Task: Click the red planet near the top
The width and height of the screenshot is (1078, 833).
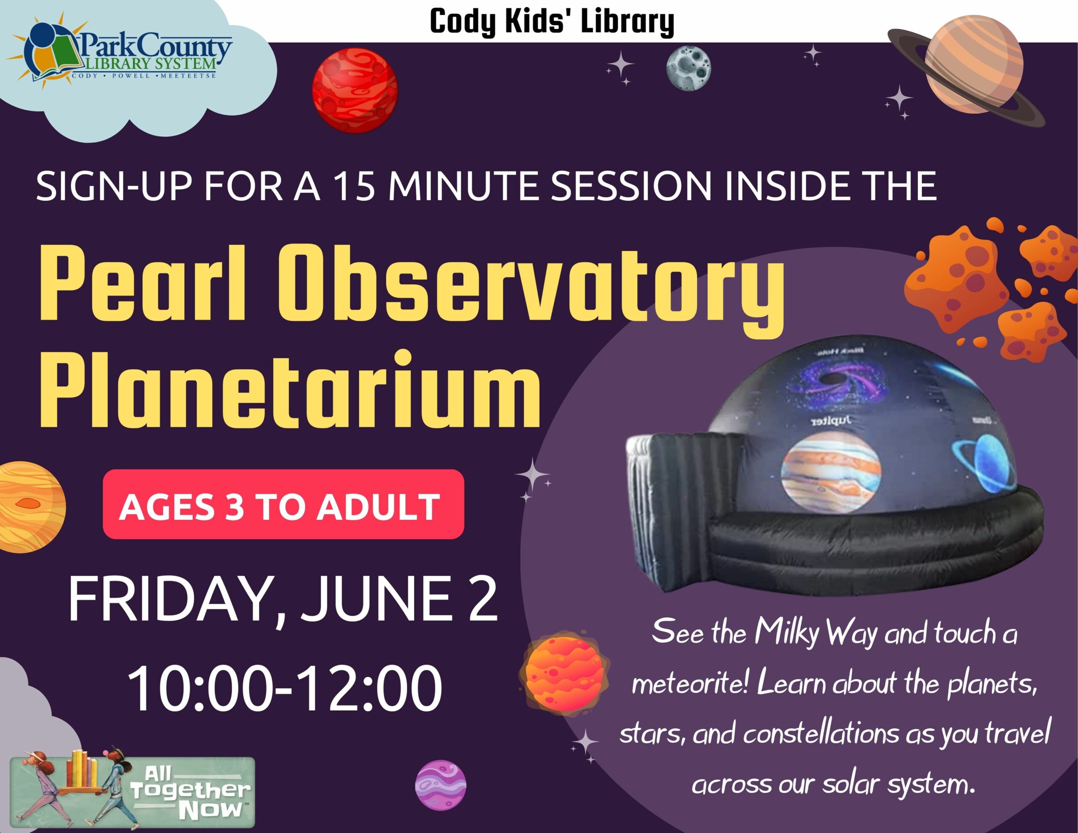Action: coord(355,91)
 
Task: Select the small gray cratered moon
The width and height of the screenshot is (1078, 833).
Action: coord(688,69)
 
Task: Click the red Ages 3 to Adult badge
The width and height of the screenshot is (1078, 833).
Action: coord(283,504)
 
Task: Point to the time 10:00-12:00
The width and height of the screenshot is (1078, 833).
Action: coord(285,688)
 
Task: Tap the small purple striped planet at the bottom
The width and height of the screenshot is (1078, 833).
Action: coord(440,785)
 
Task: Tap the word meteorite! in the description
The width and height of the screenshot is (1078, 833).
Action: coord(691,684)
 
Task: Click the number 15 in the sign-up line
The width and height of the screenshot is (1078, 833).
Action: coord(353,187)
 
